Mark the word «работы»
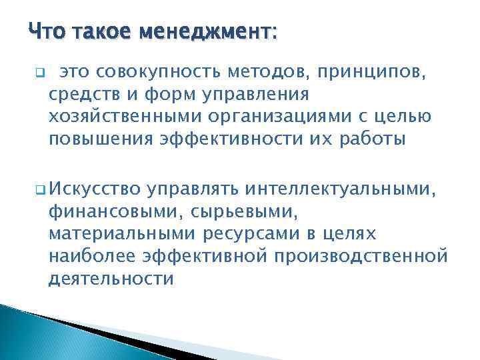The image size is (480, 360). click(x=360, y=139)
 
